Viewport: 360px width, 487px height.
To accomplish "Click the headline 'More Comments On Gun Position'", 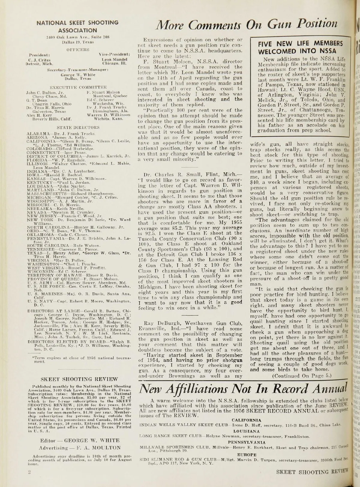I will point(245,23).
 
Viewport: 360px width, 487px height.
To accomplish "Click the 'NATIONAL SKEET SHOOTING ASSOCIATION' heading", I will point(77,26).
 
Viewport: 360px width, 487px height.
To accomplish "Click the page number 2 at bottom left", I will point(26,472).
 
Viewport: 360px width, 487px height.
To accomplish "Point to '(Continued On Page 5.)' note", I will point(301,375).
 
